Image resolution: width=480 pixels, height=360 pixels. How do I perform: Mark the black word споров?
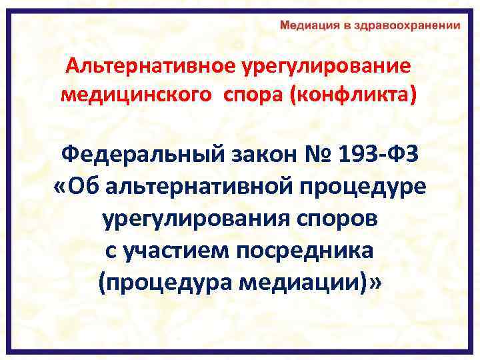(329, 219)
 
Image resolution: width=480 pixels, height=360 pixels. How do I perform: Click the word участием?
(186, 251)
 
